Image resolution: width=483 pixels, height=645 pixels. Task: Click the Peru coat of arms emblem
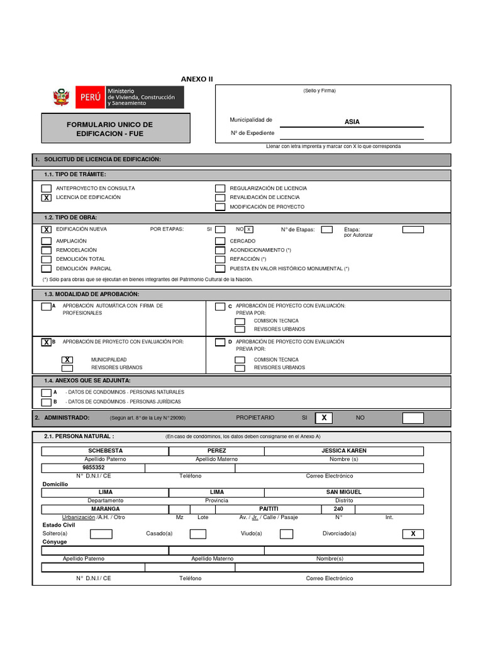pyautogui.click(x=60, y=98)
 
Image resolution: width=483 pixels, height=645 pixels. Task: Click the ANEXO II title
pyautogui.click(x=197, y=79)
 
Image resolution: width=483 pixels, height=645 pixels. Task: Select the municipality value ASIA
pyautogui.click(x=352, y=122)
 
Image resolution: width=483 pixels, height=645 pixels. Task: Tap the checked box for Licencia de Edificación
pyautogui.click(x=47, y=198)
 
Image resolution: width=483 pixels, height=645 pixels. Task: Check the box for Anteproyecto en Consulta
pyautogui.click(x=47, y=188)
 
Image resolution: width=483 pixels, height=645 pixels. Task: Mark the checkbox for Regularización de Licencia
pyautogui.click(x=220, y=188)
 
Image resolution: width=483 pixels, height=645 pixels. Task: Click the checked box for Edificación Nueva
pyautogui.click(x=47, y=230)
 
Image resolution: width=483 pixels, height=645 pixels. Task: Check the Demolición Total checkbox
pyautogui.click(x=47, y=259)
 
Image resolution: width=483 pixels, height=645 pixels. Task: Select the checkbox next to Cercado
pyautogui.click(x=220, y=241)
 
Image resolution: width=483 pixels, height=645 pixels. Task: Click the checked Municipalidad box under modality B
pyautogui.click(x=67, y=360)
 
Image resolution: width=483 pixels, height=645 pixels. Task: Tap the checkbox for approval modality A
pyautogui.click(x=47, y=307)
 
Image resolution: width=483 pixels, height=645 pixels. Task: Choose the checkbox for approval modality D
pyautogui.click(x=220, y=343)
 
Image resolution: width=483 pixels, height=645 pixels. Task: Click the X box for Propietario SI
pyautogui.click(x=324, y=418)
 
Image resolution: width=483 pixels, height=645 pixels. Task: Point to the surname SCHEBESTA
pyautogui.click(x=105, y=451)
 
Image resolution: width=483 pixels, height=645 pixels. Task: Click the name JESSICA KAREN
pyautogui.click(x=343, y=451)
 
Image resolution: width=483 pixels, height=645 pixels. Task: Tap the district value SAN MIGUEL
pyautogui.click(x=343, y=492)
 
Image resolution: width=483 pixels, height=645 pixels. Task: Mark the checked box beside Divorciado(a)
pyautogui.click(x=413, y=534)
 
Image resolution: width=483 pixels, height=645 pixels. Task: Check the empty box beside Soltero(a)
pyautogui.click(x=101, y=534)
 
